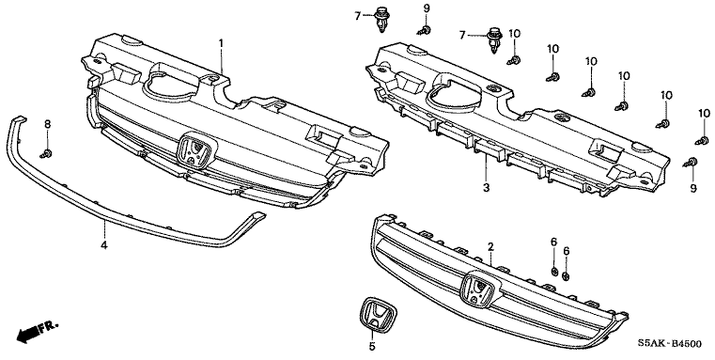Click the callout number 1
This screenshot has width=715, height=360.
click(221, 43)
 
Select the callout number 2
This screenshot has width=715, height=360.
click(490, 247)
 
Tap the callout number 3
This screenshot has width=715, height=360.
click(486, 187)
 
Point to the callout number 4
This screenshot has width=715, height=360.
click(104, 245)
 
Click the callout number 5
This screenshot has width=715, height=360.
click(372, 347)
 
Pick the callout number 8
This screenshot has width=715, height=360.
click(47, 124)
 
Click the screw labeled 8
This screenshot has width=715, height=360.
click(46, 153)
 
